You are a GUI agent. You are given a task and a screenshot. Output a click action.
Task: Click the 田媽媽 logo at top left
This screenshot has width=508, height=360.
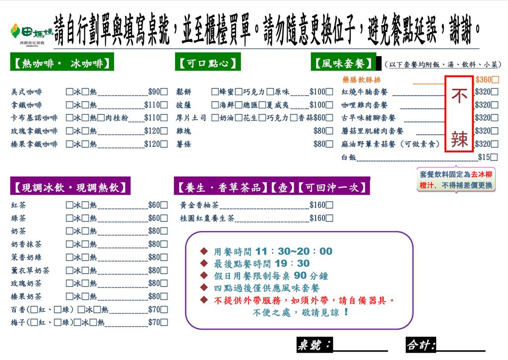tap(31, 34)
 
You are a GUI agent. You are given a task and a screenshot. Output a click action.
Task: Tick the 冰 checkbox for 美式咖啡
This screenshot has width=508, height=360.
tap(69, 92)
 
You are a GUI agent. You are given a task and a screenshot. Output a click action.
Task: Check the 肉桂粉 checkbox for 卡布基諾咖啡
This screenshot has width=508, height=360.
tap(101, 118)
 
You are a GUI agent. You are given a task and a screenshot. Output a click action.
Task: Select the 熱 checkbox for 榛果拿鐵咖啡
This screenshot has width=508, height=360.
tap(85, 144)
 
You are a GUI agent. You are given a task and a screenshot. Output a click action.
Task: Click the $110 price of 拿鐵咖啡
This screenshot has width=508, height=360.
tap(152, 105)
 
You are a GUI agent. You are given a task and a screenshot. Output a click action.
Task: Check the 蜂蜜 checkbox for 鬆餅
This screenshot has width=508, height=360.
tap(215, 92)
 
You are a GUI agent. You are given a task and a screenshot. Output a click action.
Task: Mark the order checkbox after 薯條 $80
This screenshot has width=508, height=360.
tap(329, 144)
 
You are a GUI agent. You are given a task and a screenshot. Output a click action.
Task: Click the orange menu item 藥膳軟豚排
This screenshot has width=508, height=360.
tap(361, 80)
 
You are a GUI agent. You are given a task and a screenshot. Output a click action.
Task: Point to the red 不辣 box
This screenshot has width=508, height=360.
tap(459, 114)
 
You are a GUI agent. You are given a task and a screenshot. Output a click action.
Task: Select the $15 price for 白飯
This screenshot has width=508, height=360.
tap(484, 157)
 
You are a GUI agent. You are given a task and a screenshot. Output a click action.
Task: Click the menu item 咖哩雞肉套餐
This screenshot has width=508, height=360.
tap(365, 105)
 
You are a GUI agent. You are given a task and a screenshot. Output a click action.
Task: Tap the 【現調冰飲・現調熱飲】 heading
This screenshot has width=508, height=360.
tap(70, 187)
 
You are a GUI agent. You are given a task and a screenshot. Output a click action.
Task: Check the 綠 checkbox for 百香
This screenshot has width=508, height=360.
tap(58, 309)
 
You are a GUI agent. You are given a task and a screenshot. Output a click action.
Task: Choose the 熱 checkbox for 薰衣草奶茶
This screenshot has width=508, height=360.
tap(85, 270)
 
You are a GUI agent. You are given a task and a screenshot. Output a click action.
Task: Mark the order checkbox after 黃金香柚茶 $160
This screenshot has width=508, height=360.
tap(329, 205)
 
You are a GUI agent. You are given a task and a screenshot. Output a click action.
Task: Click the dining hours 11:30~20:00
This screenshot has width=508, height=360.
tap(294, 251)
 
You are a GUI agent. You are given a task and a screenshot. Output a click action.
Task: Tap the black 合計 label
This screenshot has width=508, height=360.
tap(421, 345)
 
